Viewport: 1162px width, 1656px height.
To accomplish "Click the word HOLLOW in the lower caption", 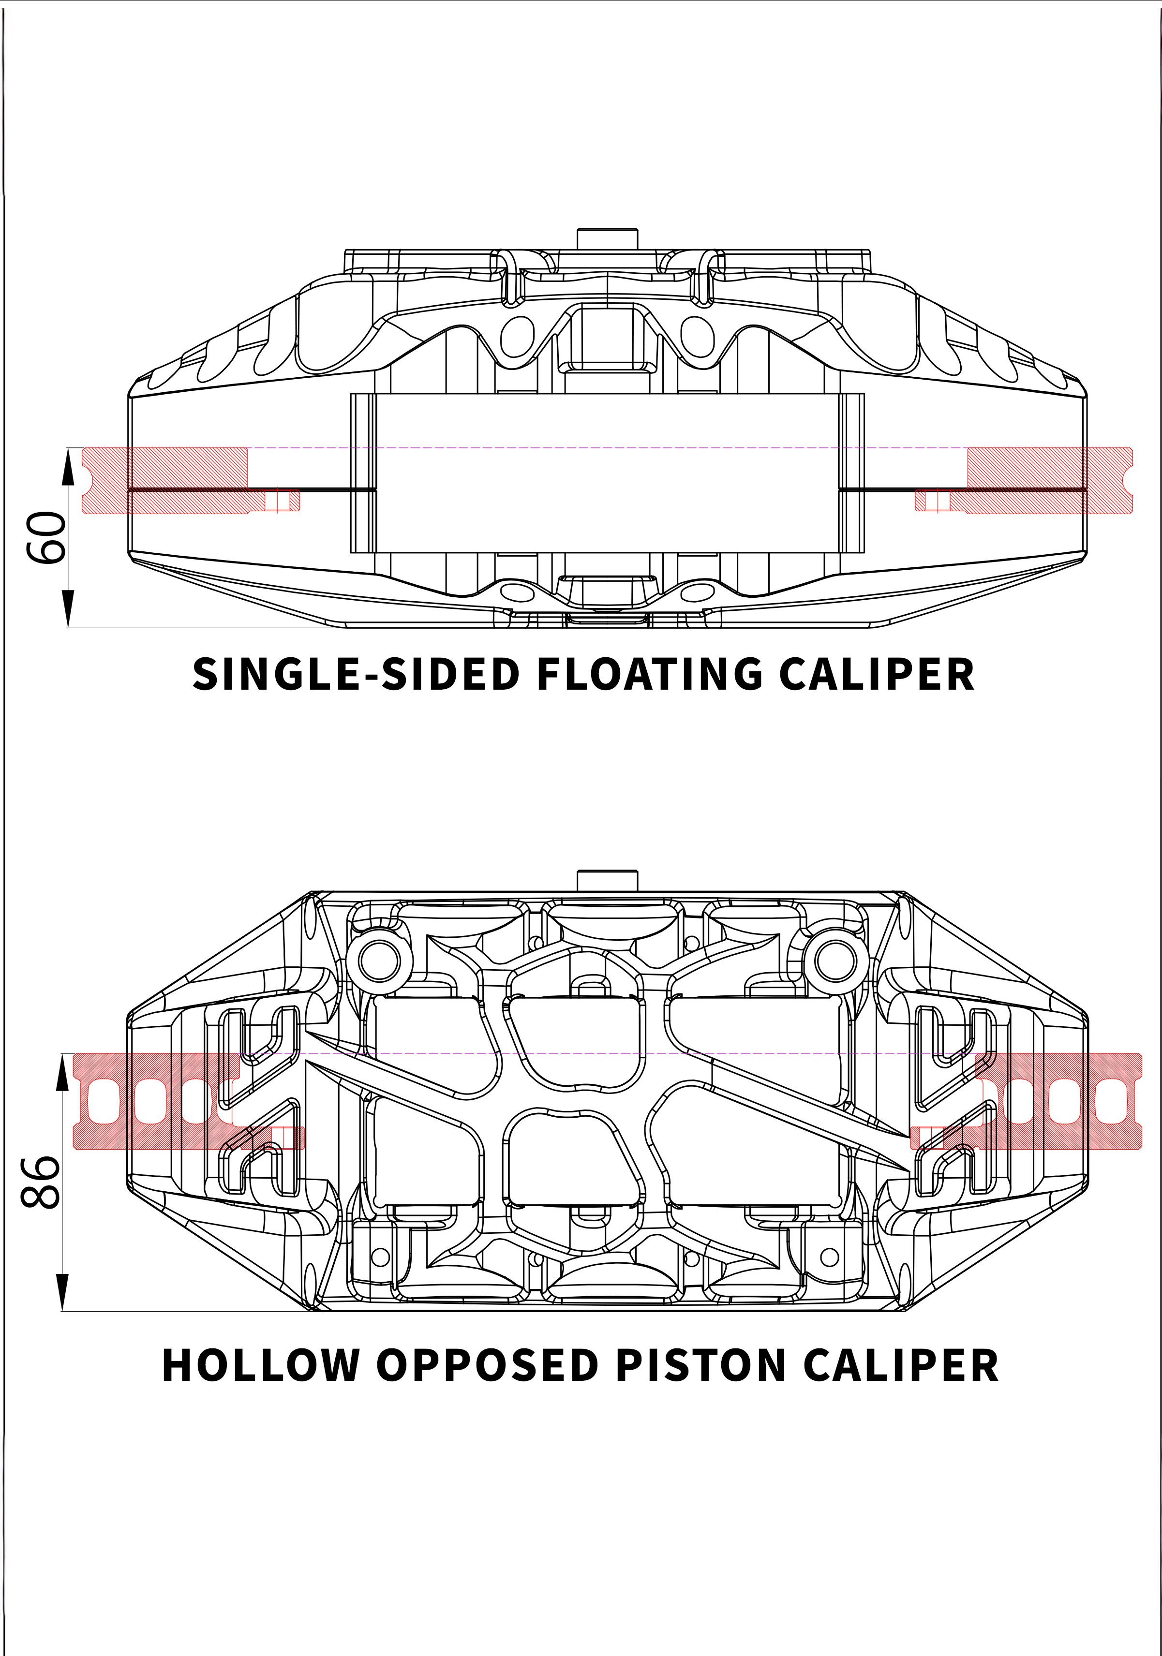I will pos(260,1365).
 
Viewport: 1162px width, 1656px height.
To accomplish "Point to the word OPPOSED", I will pos(488,1365).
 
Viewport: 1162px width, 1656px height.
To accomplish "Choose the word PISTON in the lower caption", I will pos(700,1365).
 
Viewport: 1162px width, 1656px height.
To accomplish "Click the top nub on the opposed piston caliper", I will pos(607,880).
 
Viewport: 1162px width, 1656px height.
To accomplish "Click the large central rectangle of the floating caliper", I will pos(607,473).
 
